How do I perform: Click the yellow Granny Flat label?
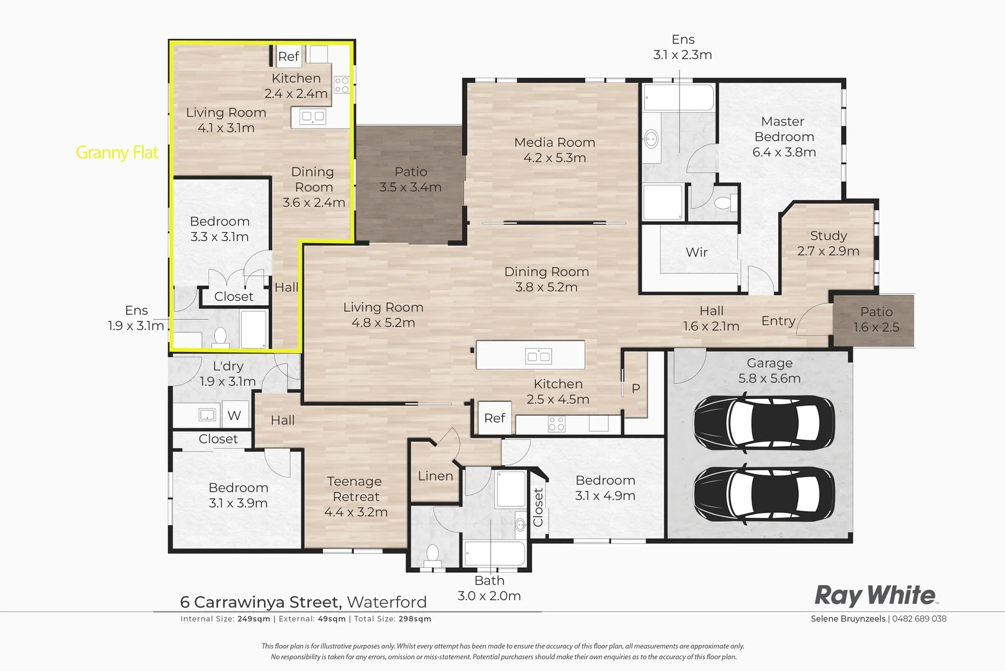117,152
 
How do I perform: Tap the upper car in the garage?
764,424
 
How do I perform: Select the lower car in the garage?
764,495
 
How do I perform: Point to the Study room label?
828,236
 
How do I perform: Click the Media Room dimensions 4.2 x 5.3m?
554,158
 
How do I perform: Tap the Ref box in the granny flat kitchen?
288,57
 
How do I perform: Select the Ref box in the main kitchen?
494,418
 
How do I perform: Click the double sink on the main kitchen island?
538,356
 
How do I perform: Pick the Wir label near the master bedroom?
696,252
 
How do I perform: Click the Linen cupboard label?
435,476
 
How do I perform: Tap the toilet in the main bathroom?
432,552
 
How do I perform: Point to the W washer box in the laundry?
234,415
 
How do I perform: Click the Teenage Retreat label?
355,489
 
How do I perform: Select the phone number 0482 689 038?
919,619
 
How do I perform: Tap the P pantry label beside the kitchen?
635,388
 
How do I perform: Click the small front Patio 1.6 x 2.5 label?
876,319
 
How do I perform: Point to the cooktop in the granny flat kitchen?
342,85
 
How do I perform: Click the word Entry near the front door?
778,321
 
